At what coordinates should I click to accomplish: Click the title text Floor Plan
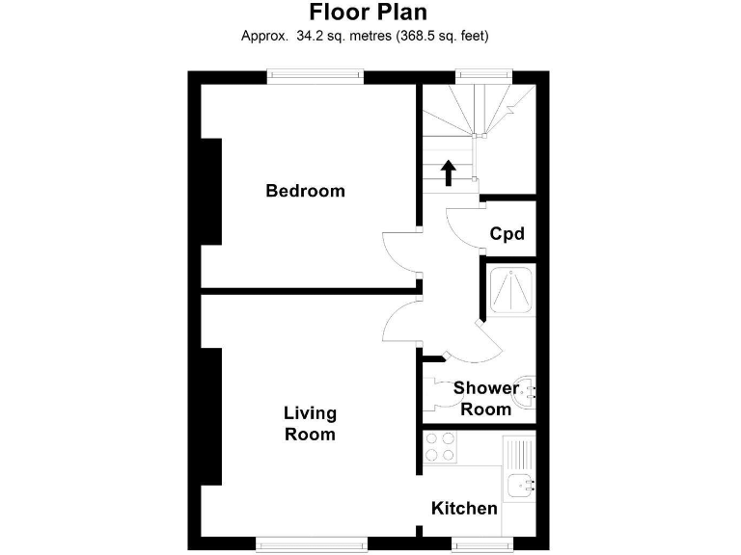(367, 13)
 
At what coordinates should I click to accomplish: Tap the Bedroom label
(305, 191)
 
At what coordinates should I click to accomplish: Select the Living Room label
(310, 423)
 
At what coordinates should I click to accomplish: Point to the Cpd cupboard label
(507, 233)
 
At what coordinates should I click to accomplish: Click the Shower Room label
(485, 399)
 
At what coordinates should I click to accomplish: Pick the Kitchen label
(464, 508)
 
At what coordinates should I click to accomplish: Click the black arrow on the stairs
(449, 172)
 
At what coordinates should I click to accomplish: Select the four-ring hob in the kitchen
(441, 446)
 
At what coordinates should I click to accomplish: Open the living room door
(398, 320)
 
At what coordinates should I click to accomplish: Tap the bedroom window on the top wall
(315, 76)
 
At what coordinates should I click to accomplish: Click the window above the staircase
(482, 76)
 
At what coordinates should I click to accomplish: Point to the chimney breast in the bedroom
(211, 191)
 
